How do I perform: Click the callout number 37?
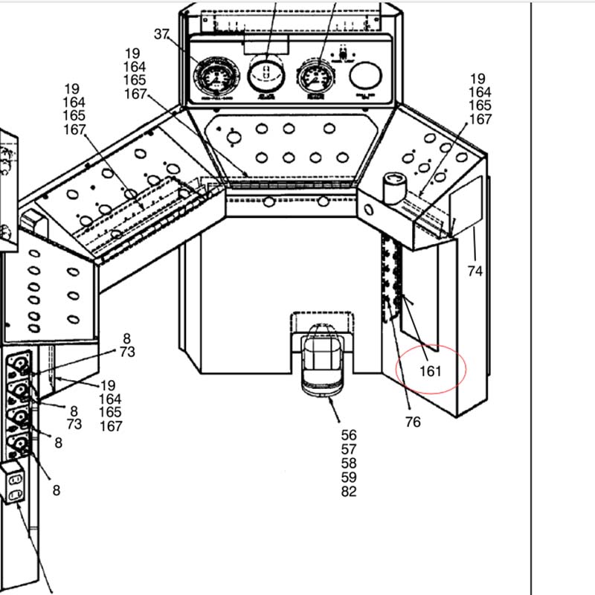coord(162,34)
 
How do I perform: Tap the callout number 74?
coord(475,271)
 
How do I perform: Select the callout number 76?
coord(413,422)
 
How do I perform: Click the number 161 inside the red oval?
coord(431,370)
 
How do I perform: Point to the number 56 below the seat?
coord(349,435)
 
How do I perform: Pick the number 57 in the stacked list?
coord(349,449)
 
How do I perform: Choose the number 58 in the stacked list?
coord(349,463)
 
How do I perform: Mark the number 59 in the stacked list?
coord(349,477)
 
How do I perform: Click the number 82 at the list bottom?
coord(349,492)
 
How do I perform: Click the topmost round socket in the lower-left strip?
coord(20,365)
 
